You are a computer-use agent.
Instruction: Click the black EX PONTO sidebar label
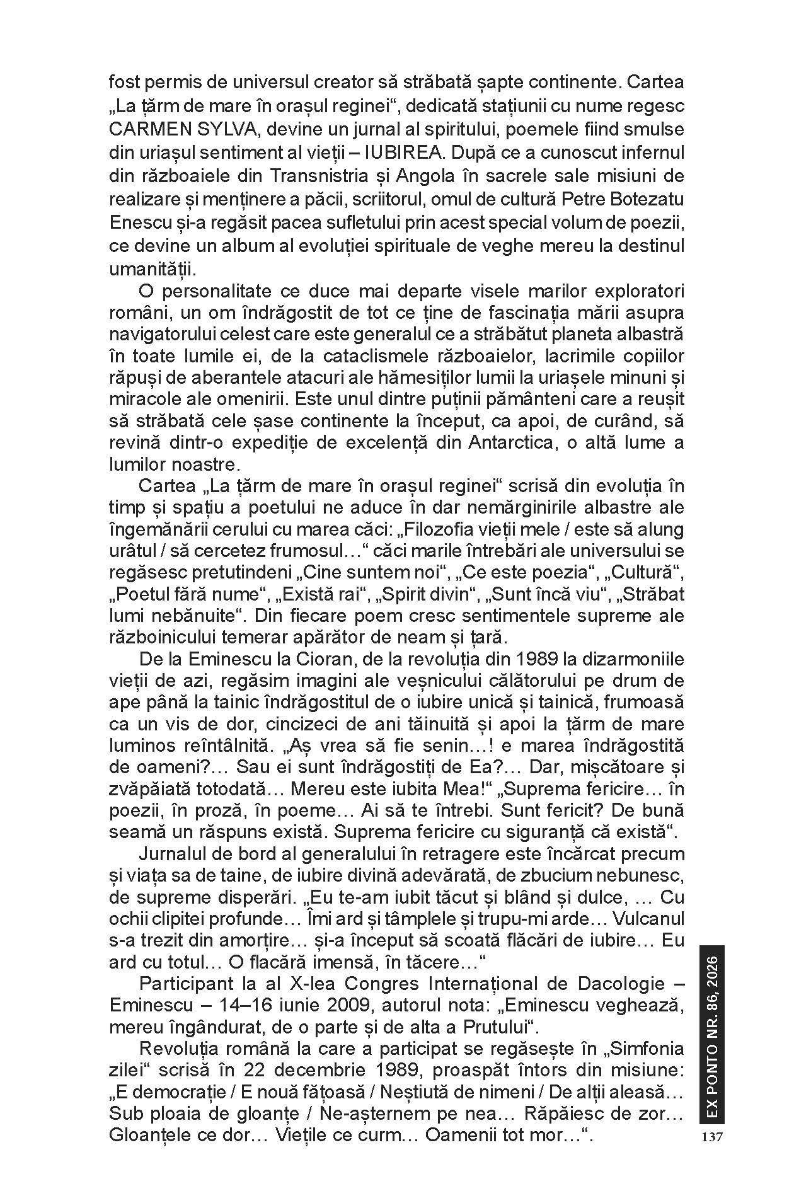point(711,1033)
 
